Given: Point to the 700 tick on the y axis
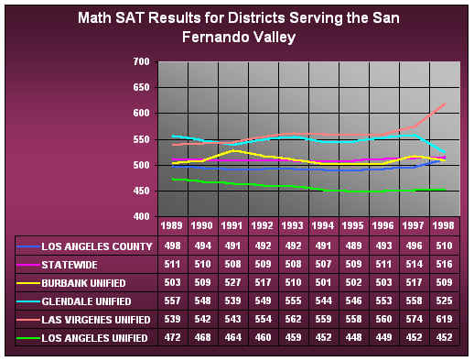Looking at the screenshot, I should tap(141, 61).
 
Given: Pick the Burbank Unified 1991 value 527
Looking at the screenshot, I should tap(231, 283).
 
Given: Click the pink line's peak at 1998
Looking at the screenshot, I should tap(447, 104).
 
